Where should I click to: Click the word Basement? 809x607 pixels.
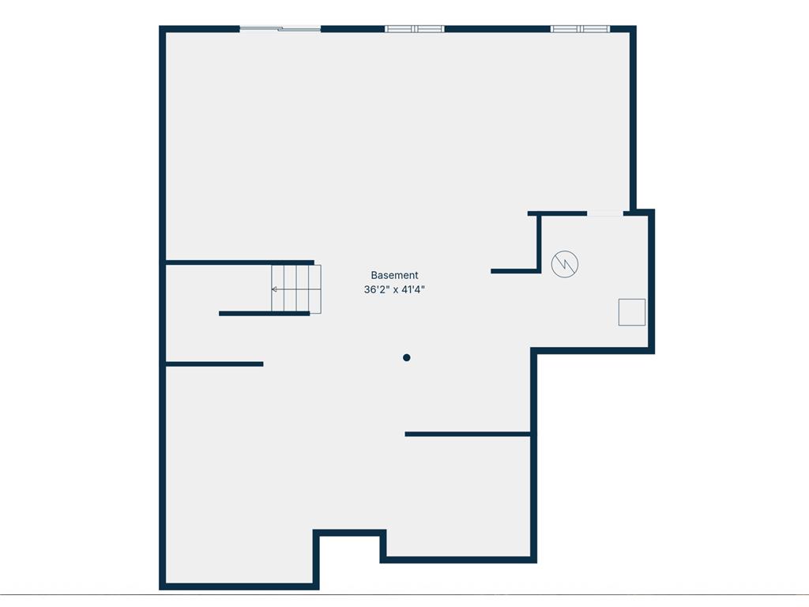click(x=394, y=275)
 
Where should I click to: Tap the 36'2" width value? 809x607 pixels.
click(x=376, y=289)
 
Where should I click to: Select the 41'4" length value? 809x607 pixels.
click(x=412, y=289)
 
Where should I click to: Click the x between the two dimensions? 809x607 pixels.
click(x=395, y=290)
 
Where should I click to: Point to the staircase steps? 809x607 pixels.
click(x=296, y=289)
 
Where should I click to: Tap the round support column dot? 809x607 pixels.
click(x=407, y=357)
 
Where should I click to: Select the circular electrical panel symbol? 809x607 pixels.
click(x=564, y=264)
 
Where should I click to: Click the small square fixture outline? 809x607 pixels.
click(x=632, y=312)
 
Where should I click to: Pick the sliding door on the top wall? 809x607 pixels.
click(x=280, y=29)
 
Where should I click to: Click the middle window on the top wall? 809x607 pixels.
click(x=415, y=29)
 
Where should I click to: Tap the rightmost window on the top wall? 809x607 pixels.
click(x=581, y=29)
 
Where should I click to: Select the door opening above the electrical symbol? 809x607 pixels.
click(x=605, y=213)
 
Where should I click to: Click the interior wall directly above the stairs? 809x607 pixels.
click(x=240, y=262)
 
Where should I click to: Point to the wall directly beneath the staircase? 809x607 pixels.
click(x=264, y=313)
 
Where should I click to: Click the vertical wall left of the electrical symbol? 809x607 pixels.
click(x=539, y=242)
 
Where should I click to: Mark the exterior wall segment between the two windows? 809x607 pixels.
click(x=498, y=29)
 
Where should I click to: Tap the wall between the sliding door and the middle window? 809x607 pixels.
click(x=353, y=29)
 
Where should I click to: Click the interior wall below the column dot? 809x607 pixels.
click(x=468, y=434)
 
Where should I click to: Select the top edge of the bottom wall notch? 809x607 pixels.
click(x=349, y=533)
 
